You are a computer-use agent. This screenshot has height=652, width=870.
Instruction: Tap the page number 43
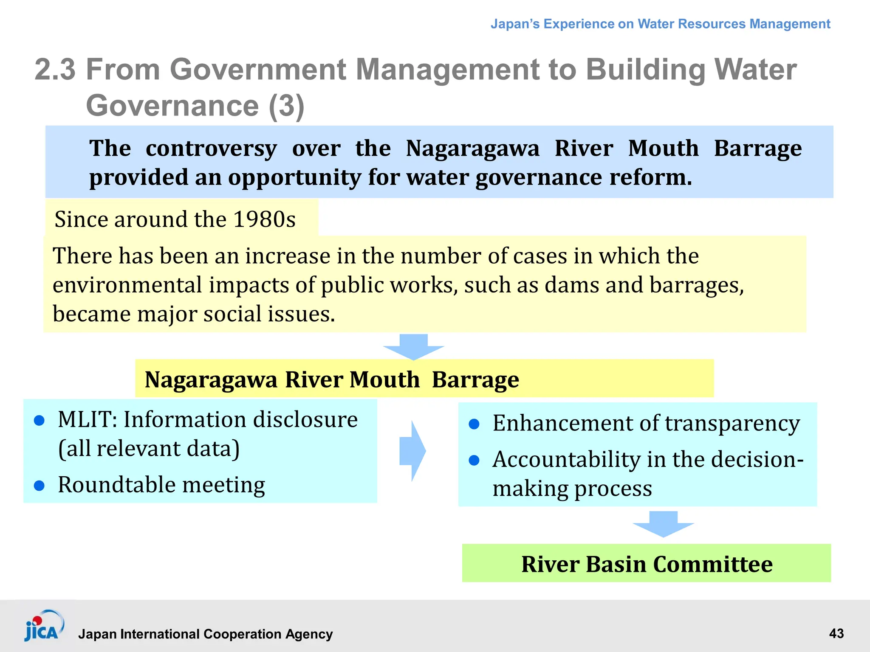click(836, 634)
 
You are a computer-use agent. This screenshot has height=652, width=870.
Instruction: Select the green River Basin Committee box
click(646, 563)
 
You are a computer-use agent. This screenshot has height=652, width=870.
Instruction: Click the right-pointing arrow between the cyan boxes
click(412, 451)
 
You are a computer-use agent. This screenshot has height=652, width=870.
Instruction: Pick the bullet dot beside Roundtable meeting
click(39, 486)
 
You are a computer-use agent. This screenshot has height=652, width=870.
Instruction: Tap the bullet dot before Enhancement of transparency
click(474, 424)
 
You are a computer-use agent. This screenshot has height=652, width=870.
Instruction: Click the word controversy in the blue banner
click(211, 149)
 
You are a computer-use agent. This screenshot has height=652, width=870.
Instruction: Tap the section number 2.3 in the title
click(55, 69)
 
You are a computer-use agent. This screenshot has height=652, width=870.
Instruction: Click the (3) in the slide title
click(286, 105)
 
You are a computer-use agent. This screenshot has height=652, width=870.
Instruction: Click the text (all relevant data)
click(149, 449)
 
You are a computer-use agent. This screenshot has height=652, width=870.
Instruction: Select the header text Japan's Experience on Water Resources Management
click(660, 24)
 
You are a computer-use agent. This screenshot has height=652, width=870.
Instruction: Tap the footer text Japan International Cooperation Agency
click(205, 634)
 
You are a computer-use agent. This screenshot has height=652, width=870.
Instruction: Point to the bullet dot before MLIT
click(39, 420)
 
